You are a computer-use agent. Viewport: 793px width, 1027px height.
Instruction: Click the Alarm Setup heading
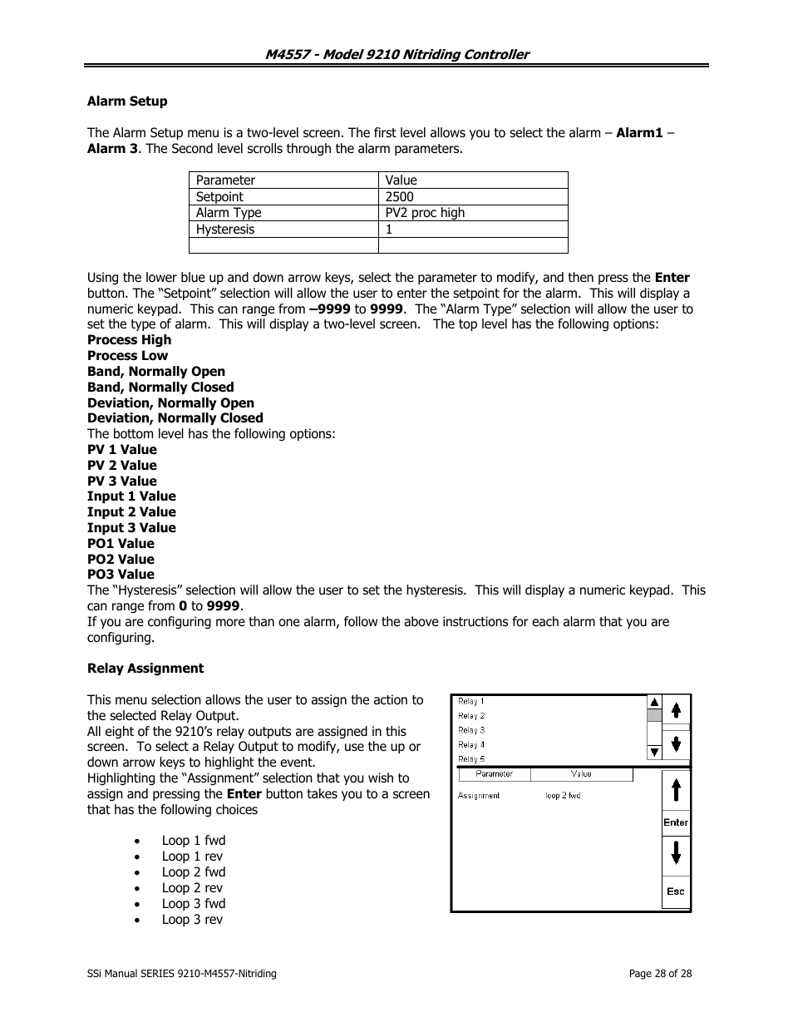(x=127, y=101)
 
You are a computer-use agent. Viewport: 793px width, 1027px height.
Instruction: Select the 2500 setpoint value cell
(x=399, y=197)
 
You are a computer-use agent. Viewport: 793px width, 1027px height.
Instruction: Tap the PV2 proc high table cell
(x=425, y=213)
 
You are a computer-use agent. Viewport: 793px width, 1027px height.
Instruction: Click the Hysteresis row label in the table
(x=225, y=230)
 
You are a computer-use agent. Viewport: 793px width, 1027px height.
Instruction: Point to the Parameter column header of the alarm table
(x=225, y=180)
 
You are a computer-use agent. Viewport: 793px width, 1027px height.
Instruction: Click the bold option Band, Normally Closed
(x=160, y=388)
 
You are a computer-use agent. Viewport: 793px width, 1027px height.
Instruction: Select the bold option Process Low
(x=127, y=356)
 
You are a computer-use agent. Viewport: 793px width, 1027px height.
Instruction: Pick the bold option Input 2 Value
(x=131, y=512)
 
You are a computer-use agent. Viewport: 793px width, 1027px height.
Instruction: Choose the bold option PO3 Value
(x=121, y=575)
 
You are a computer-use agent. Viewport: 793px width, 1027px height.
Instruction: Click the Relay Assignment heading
(x=145, y=669)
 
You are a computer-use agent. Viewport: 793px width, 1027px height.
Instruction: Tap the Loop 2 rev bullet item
(x=192, y=888)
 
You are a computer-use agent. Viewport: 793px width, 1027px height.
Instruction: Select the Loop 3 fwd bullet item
(x=194, y=904)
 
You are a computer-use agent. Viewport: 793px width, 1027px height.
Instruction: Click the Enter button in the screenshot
(x=676, y=822)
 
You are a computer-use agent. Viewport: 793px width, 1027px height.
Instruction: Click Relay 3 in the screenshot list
(x=471, y=730)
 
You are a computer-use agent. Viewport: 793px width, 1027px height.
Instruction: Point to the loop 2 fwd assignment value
(x=563, y=796)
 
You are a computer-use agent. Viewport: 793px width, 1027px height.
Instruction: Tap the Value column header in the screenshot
(x=581, y=774)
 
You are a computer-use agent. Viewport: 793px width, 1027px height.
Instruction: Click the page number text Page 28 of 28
(x=660, y=974)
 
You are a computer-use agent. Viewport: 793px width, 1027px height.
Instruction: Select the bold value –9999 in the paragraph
(x=329, y=309)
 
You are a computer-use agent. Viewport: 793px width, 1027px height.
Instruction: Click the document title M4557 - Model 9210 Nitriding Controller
(x=396, y=54)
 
